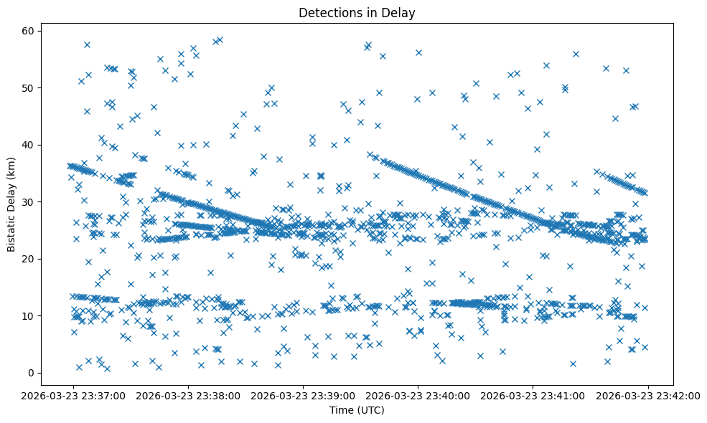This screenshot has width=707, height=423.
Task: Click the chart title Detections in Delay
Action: click(357, 13)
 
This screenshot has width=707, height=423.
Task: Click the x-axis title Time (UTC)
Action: click(357, 410)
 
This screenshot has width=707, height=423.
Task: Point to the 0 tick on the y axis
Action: click(32, 373)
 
